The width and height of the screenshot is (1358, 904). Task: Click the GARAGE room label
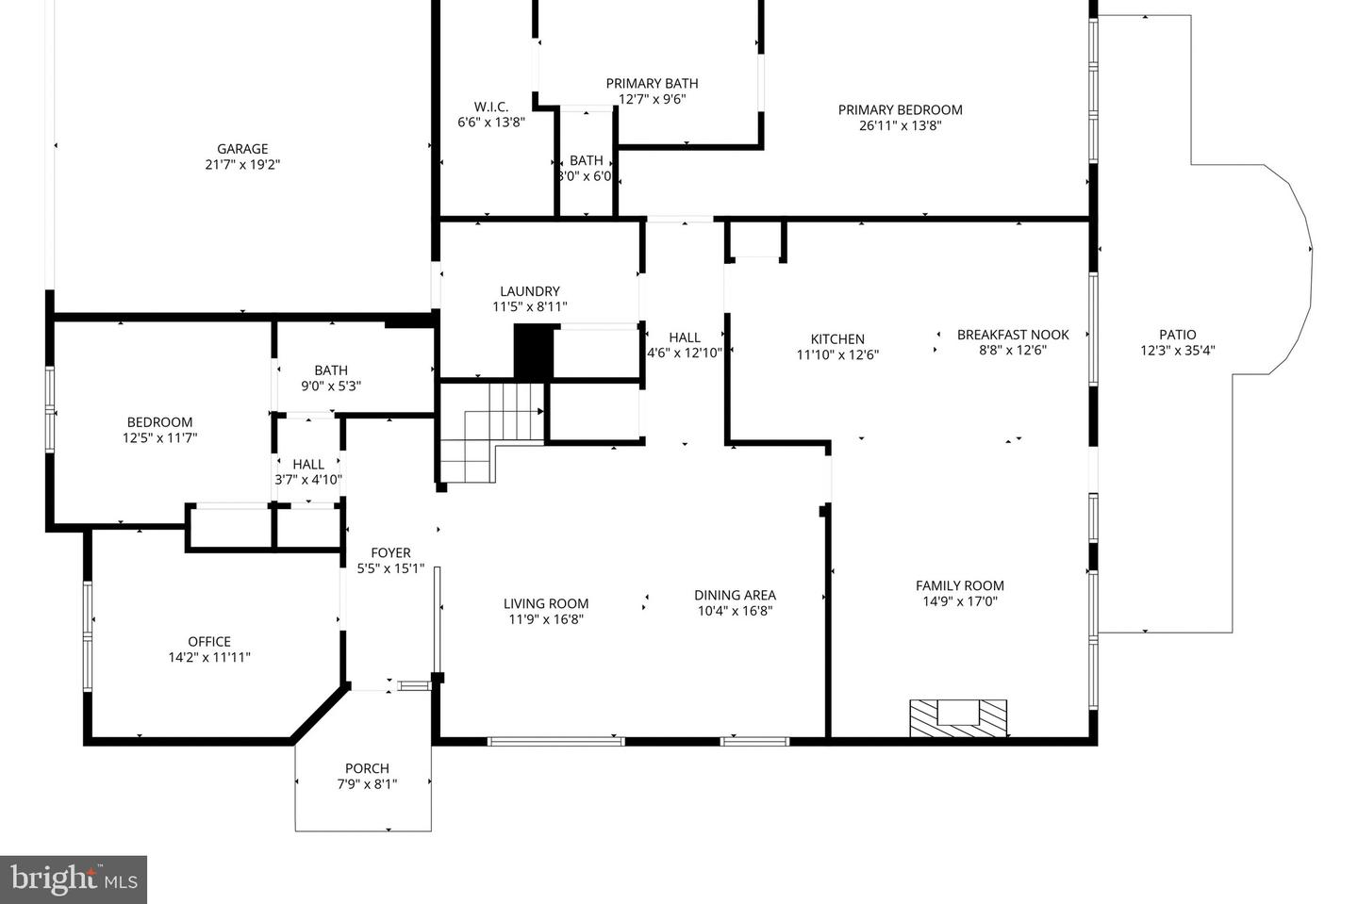tap(242, 149)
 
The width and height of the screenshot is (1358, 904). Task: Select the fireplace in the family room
tap(957, 718)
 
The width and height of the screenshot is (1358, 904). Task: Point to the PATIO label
tap(1177, 335)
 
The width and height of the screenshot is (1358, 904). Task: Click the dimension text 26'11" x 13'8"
tap(900, 125)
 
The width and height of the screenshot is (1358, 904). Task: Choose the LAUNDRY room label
tap(529, 291)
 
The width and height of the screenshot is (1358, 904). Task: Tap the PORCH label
tap(367, 768)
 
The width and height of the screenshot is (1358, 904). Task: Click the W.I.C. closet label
tap(490, 107)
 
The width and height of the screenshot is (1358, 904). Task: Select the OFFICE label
tap(208, 642)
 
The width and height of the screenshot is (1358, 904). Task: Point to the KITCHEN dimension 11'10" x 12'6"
tap(837, 355)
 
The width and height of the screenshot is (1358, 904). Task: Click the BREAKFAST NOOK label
tap(1013, 335)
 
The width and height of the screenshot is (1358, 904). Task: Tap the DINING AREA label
tap(735, 595)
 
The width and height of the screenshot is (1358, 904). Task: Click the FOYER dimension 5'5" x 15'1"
tap(390, 568)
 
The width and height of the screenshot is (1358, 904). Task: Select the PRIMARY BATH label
tap(652, 83)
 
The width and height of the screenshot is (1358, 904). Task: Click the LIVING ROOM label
tap(545, 603)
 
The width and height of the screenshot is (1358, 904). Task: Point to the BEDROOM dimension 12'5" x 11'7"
tap(159, 437)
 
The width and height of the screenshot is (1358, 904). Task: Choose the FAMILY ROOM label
tap(959, 585)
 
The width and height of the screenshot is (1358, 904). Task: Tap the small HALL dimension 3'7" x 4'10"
tap(308, 480)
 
